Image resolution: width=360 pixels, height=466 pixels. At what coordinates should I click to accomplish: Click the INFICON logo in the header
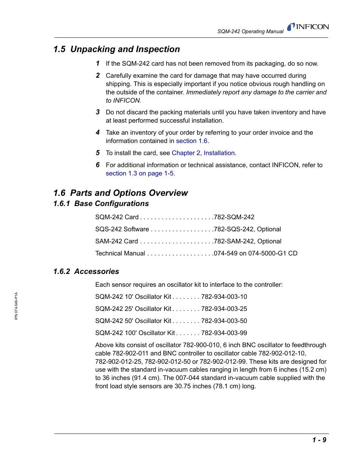308,27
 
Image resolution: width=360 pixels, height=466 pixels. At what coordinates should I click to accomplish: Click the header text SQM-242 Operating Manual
250,32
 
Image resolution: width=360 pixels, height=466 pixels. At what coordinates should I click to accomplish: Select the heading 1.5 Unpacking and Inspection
117,49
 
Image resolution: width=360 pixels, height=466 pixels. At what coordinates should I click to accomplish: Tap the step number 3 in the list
98,112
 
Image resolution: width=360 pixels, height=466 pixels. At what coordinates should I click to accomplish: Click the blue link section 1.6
192,141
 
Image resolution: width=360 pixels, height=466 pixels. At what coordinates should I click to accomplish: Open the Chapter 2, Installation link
203,153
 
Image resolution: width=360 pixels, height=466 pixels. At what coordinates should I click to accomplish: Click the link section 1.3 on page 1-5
140,174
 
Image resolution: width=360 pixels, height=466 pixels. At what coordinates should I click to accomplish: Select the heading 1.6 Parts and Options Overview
120,193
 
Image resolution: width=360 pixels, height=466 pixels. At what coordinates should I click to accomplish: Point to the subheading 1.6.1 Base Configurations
101,204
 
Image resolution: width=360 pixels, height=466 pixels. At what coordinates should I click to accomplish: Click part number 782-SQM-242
234,217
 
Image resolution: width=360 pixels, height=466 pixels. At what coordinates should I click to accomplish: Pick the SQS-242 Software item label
122,229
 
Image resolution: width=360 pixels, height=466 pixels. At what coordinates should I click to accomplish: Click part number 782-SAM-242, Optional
248,241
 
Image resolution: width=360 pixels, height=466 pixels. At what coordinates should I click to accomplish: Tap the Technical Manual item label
120,254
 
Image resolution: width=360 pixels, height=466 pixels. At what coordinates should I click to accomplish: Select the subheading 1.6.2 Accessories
86,272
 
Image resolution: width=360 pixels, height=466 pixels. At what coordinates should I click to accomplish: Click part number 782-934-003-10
224,297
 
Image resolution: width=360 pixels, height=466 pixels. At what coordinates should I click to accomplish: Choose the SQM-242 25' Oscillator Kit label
133,309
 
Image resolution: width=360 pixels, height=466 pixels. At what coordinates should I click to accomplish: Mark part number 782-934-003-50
224,321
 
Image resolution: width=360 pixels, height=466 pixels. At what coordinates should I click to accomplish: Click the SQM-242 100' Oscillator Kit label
135,333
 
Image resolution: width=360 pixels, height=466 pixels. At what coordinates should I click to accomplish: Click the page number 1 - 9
319,440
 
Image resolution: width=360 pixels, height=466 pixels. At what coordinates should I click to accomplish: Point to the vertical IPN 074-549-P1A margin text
16,306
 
